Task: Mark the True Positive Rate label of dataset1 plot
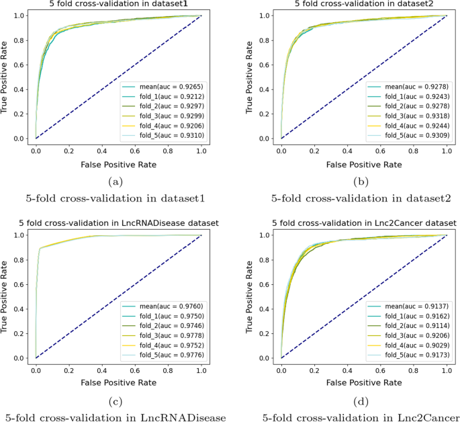(x=6, y=76)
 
